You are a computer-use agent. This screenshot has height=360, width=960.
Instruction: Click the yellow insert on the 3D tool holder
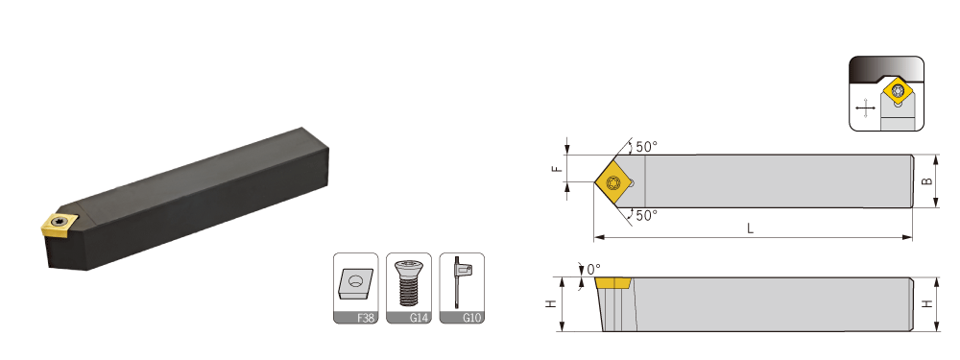click(x=59, y=224)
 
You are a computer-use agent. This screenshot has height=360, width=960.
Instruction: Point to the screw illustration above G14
click(x=408, y=282)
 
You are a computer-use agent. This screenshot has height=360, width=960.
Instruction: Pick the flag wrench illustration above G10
click(x=461, y=281)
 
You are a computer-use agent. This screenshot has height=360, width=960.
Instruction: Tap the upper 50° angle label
click(x=646, y=147)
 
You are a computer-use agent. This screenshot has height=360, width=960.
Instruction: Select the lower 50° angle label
click(x=646, y=215)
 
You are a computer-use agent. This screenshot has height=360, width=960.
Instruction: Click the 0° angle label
click(x=594, y=270)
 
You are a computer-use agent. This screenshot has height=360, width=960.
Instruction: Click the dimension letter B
click(x=928, y=181)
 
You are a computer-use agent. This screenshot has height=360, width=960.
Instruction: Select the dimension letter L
click(x=750, y=229)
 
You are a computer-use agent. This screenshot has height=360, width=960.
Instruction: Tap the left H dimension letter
click(x=552, y=303)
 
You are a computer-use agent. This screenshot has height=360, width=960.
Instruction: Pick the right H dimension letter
click(x=928, y=303)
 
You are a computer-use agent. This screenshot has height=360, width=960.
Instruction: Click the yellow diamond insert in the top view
click(x=614, y=181)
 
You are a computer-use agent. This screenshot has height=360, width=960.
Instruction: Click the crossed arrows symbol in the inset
click(x=865, y=110)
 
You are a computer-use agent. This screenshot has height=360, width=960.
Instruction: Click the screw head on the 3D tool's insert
click(x=59, y=221)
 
